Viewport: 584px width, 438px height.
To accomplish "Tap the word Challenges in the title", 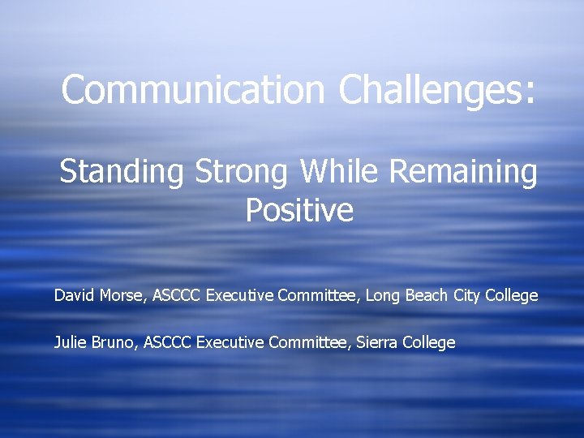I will click(x=437, y=89).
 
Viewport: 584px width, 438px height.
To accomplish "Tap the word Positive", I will click(x=299, y=211).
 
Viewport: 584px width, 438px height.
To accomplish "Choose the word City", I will click(x=466, y=296).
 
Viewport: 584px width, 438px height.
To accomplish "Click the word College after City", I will click(x=511, y=296).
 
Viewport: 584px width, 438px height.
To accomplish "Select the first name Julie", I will click(x=71, y=342).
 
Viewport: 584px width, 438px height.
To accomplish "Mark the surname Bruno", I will click(x=115, y=342).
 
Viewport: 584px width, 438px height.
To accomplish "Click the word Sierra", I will click(x=380, y=342).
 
